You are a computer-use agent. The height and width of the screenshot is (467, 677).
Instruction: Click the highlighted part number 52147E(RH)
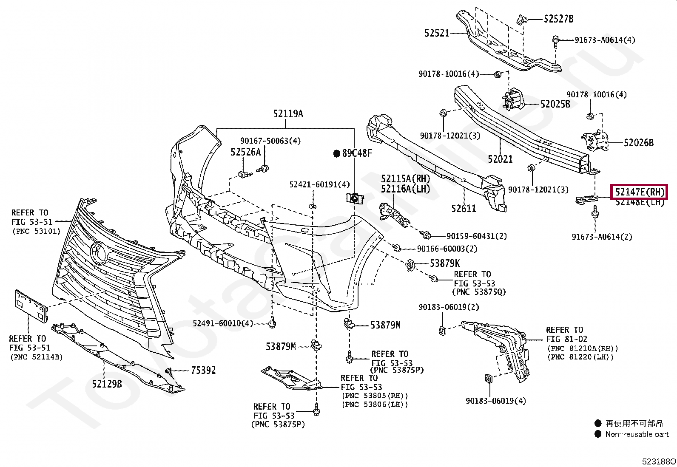tap(640, 192)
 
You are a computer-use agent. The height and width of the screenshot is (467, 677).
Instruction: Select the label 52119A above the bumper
tap(288, 114)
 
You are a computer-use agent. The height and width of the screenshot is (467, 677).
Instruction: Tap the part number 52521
tap(437, 33)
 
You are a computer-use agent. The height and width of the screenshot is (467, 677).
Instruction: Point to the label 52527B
tap(558, 19)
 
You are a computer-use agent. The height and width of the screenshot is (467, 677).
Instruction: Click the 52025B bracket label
tap(555, 104)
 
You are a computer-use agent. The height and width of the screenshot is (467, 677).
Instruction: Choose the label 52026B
tap(638, 143)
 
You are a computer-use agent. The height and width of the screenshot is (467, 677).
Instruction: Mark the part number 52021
tap(500, 159)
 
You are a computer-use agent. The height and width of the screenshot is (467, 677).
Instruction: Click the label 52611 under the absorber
tap(464, 208)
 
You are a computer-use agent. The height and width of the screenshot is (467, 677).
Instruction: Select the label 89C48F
tap(357, 153)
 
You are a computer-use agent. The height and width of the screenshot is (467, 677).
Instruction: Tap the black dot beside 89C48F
tap(336, 154)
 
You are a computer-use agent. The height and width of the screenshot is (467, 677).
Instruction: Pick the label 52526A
tap(245, 152)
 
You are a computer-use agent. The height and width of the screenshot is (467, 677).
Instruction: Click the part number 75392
tap(203, 371)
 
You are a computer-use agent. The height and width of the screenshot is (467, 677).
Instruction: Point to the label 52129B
tap(107, 384)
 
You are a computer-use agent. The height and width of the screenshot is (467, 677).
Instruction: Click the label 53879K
tap(444, 263)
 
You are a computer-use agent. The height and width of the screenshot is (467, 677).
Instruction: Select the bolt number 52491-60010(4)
tap(222, 323)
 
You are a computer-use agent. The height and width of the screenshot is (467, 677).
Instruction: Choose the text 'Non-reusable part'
tap(637, 434)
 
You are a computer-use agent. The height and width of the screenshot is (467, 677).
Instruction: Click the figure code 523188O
tap(659, 461)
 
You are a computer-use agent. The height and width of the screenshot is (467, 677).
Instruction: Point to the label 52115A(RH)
tap(405, 178)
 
